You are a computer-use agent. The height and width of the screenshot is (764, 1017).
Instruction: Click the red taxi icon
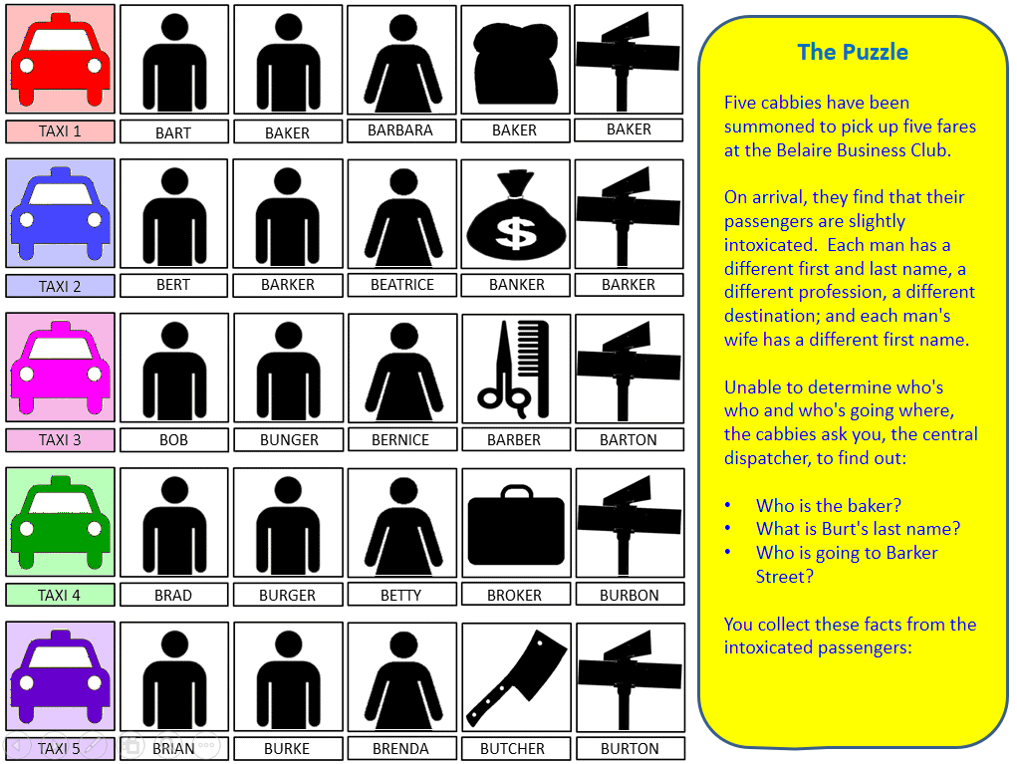click(x=61, y=60)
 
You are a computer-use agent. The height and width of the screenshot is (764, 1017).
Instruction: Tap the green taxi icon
click(x=61, y=522)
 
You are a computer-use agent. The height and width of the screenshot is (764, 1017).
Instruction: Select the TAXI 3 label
click(x=61, y=439)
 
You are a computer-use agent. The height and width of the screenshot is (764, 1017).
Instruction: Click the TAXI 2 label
click(x=61, y=286)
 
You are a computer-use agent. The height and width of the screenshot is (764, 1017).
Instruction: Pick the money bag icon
click(x=516, y=214)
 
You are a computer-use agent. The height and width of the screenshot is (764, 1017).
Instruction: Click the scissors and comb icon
click(x=514, y=369)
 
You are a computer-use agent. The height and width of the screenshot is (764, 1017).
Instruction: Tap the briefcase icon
click(x=516, y=525)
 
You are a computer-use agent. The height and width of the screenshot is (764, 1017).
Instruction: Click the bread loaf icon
click(x=516, y=64)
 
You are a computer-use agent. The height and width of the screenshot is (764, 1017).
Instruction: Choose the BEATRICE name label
click(x=402, y=285)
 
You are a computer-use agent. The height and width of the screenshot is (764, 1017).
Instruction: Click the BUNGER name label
click(x=289, y=439)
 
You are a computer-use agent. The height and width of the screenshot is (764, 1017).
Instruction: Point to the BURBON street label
click(x=630, y=595)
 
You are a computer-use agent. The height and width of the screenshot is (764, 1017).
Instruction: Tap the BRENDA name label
click(x=400, y=748)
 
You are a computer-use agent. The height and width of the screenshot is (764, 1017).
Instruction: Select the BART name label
click(x=174, y=132)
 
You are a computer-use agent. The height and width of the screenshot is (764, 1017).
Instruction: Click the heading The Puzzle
click(x=853, y=52)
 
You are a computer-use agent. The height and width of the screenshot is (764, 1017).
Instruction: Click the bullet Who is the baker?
click(x=829, y=505)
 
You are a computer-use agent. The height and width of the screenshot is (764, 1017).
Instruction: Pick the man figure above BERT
click(x=174, y=217)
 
